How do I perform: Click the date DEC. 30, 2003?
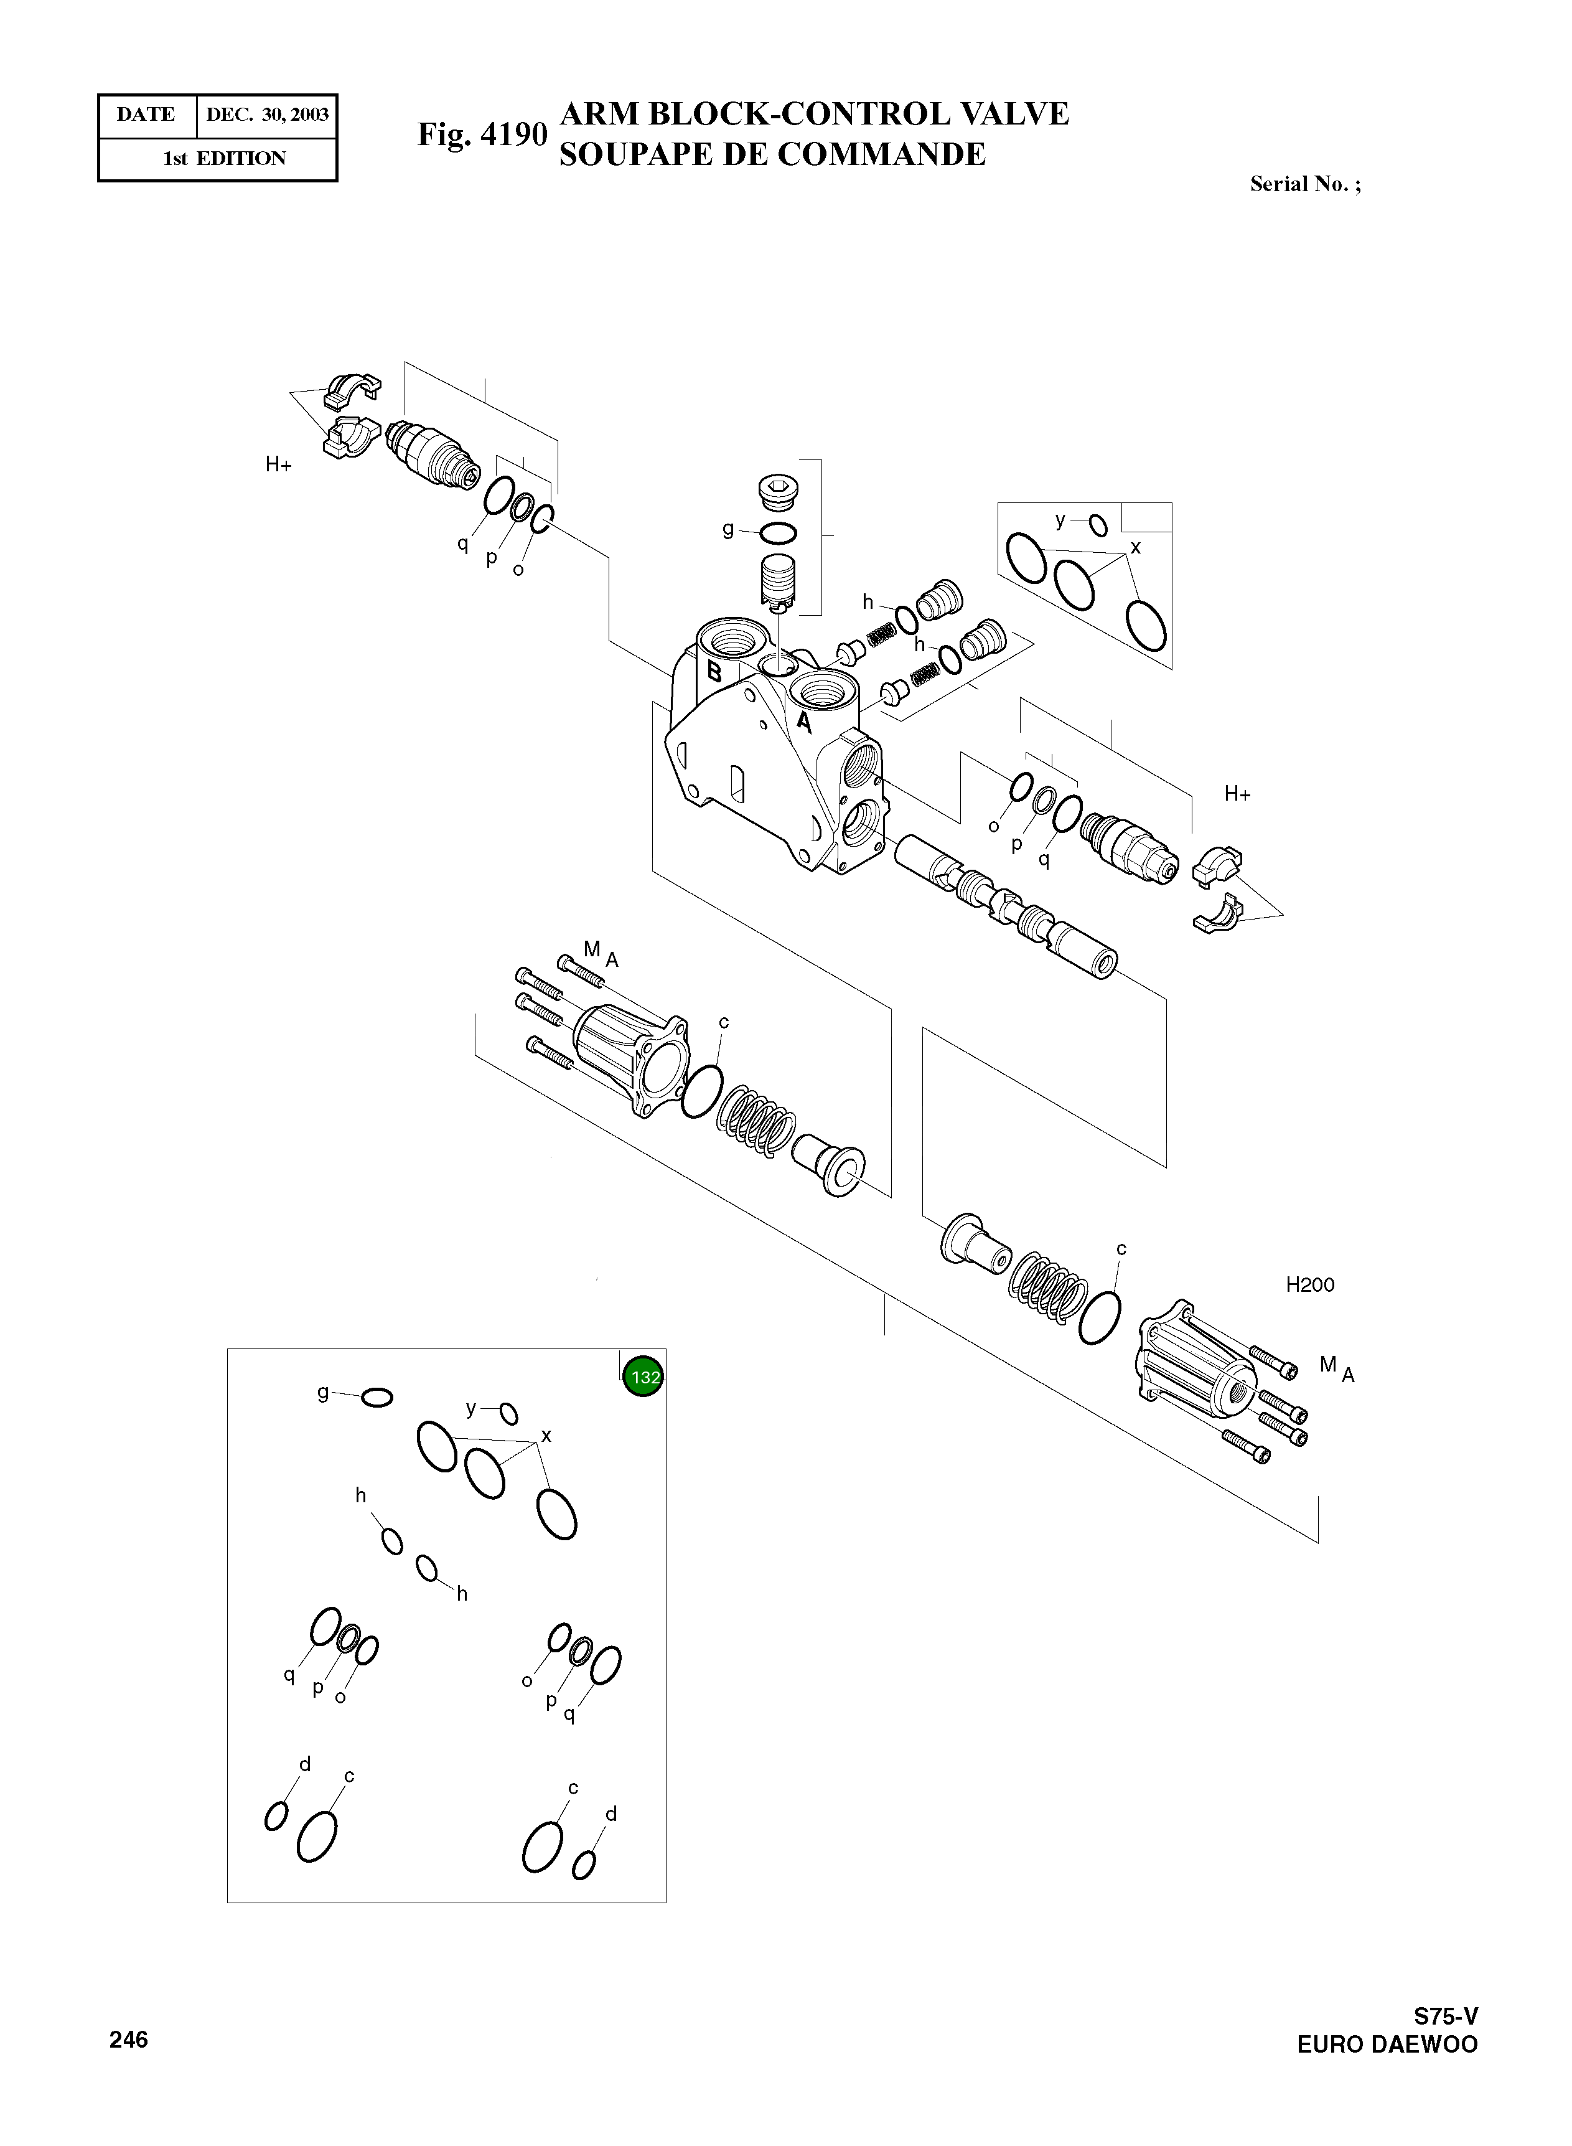[x=268, y=115]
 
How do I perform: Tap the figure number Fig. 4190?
[x=482, y=134]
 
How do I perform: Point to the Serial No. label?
[x=1304, y=185]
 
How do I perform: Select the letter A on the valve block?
[x=804, y=722]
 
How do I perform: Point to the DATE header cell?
[x=146, y=115]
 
